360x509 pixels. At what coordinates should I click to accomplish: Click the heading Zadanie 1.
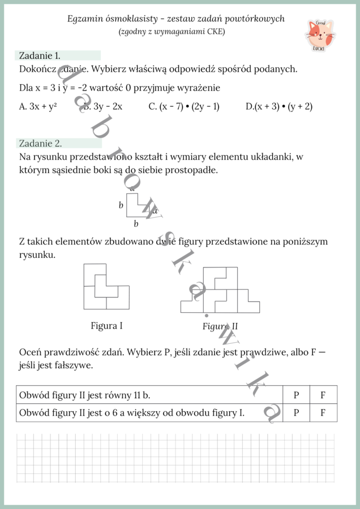coord(40,55)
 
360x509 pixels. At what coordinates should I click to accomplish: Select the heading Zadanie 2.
coord(40,143)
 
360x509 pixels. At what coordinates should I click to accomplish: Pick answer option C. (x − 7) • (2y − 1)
coord(184,106)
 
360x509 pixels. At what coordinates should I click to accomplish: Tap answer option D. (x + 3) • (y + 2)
coord(279,106)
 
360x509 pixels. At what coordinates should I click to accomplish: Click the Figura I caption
coord(106,326)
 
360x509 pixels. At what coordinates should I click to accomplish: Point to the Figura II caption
coord(220,326)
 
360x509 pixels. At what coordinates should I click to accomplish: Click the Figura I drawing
coord(106,286)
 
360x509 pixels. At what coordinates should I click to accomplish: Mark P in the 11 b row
coord(296,395)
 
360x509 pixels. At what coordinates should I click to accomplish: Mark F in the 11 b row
coord(323,395)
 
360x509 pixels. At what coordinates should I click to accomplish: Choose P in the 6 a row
coord(296,413)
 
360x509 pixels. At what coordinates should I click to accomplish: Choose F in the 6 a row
coord(323,413)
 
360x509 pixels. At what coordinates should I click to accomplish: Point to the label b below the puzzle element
coord(136,224)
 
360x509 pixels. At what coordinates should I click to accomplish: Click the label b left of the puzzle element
coord(121,205)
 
